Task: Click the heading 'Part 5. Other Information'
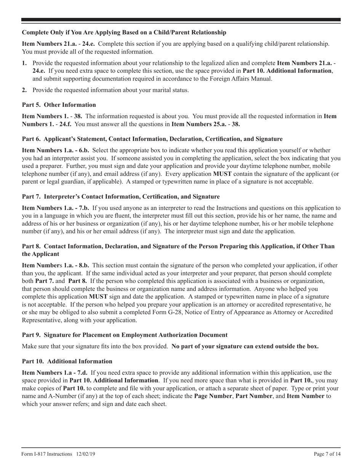click(59, 105)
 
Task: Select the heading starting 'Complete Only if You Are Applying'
click(124, 32)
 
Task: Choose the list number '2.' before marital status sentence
click(24, 90)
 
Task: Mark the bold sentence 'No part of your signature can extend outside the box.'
click(245, 347)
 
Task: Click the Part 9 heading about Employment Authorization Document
click(125, 335)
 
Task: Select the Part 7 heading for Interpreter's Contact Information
click(121, 197)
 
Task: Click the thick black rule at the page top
click(181, 19)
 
